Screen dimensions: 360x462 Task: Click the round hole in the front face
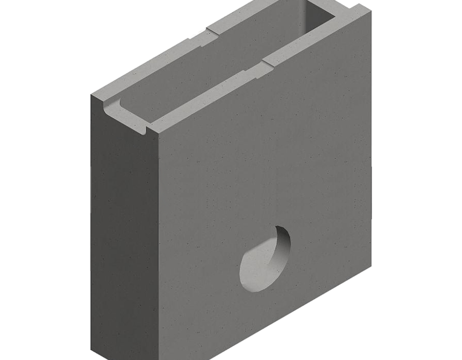[x=265, y=259]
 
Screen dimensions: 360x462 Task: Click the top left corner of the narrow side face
[x=91, y=96]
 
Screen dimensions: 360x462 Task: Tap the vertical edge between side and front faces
[x=158, y=246]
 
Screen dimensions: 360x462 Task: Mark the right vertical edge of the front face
[x=371, y=142]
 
